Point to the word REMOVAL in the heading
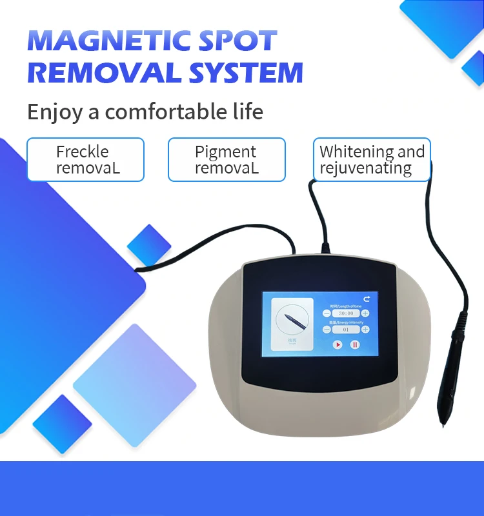pos(103,72)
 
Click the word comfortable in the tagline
pos(174,112)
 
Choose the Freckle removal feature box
pos(85,160)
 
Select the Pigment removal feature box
pos(227,160)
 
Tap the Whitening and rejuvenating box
pos(372,160)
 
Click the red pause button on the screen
pos(355,344)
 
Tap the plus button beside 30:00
pos(365,313)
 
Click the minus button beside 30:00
pos(327,313)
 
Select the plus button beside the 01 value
pos(365,329)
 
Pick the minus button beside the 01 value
pos(327,329)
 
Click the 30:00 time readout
pos(346,313)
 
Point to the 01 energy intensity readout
pos(346,329)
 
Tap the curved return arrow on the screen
pos(367,299)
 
